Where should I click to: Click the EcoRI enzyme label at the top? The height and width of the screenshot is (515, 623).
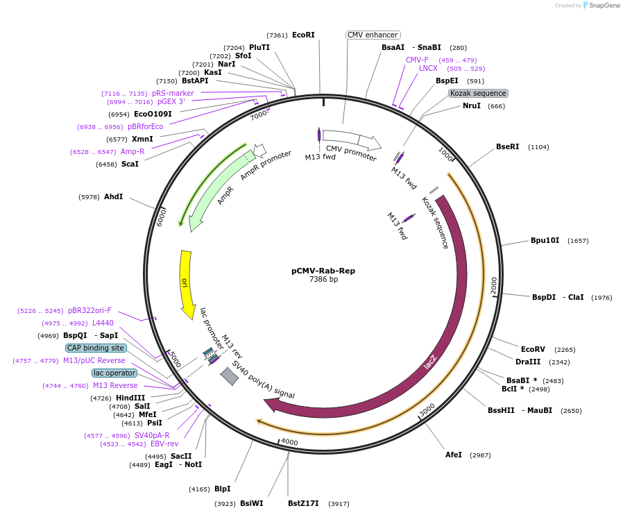(x=303, y=35)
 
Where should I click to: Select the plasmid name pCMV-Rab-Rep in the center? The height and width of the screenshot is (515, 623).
(x=323, y=271)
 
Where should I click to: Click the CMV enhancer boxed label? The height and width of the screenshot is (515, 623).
(x=373, y=35)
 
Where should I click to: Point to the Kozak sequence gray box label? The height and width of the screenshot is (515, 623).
(x=478, y=93)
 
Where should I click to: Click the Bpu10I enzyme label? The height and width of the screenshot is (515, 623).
(x=545, y=240)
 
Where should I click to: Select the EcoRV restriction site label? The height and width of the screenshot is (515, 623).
(x=534, y=349)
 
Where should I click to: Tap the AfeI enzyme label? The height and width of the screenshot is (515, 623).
(x=453, y=455)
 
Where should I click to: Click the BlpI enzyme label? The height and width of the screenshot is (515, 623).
(x=222, y=489)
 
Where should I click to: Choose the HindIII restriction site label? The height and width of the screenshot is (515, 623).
(x=130, y=398)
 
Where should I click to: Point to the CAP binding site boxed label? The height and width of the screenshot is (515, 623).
(x=96, y=348)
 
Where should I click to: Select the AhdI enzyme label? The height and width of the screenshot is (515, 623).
(x=113, y=196)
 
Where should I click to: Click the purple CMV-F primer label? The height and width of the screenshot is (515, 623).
(x=417, y=60)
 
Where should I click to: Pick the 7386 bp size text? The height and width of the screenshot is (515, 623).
(x=323, y=280)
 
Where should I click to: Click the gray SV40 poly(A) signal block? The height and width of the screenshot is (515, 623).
(x=229, y=375)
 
